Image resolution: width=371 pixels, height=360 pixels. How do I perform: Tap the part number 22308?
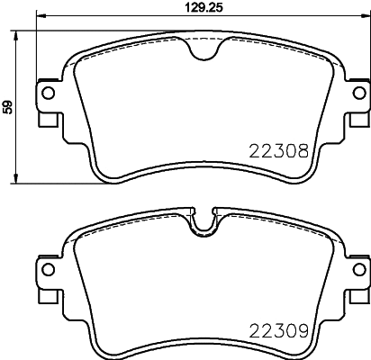click(x=280, y=152)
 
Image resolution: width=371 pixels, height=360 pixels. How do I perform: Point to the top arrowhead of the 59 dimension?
click(x=21, y=33)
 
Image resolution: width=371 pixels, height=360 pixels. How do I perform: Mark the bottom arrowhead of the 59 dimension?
click(x=21, y=182)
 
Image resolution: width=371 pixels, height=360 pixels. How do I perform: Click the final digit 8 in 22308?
click(x=304, y=152)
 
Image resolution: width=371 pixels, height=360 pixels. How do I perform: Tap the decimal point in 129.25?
click(x=208, y=11)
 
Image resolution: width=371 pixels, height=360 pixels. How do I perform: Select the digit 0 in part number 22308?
click(x=293, y=152)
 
